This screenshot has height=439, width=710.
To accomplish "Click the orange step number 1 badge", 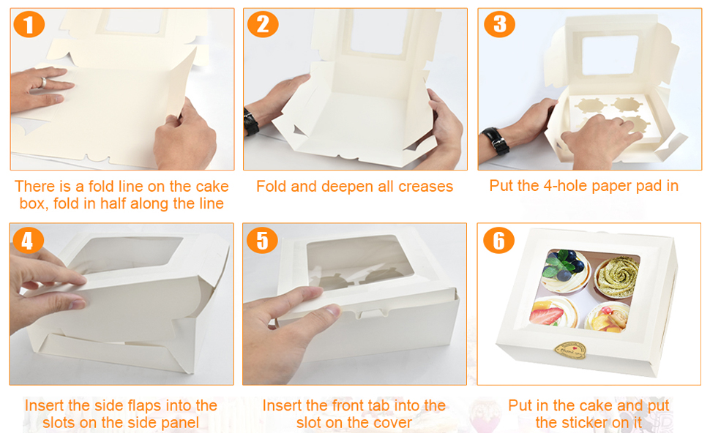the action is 29,24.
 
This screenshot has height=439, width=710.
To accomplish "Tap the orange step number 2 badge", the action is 263,24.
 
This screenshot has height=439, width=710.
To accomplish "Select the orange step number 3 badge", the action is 499,24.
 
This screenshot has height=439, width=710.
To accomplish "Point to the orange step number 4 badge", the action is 28,240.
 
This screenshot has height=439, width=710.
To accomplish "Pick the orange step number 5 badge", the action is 262,240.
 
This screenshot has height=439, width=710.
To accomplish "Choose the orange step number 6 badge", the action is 498,240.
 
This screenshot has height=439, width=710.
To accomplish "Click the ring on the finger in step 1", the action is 43,83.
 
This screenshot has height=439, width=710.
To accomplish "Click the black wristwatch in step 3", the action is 496,140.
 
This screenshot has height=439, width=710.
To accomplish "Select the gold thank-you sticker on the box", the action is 570,350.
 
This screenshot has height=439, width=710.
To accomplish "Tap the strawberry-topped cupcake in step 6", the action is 554,312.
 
